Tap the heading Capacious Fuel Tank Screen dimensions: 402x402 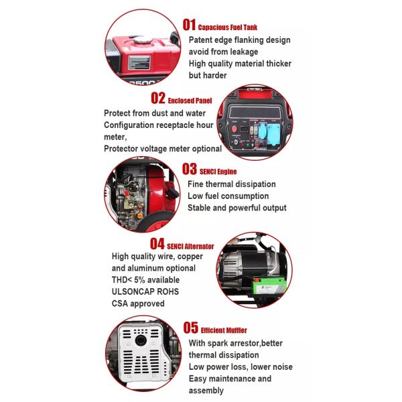[228, 27]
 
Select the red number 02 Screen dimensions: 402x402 [157, 98]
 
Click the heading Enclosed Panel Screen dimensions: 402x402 [195, 100]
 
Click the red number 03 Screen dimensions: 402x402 [189, 168]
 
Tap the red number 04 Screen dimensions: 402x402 [157, 243]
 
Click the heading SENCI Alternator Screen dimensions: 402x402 [190, 246]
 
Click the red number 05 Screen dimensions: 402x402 [189, 327]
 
